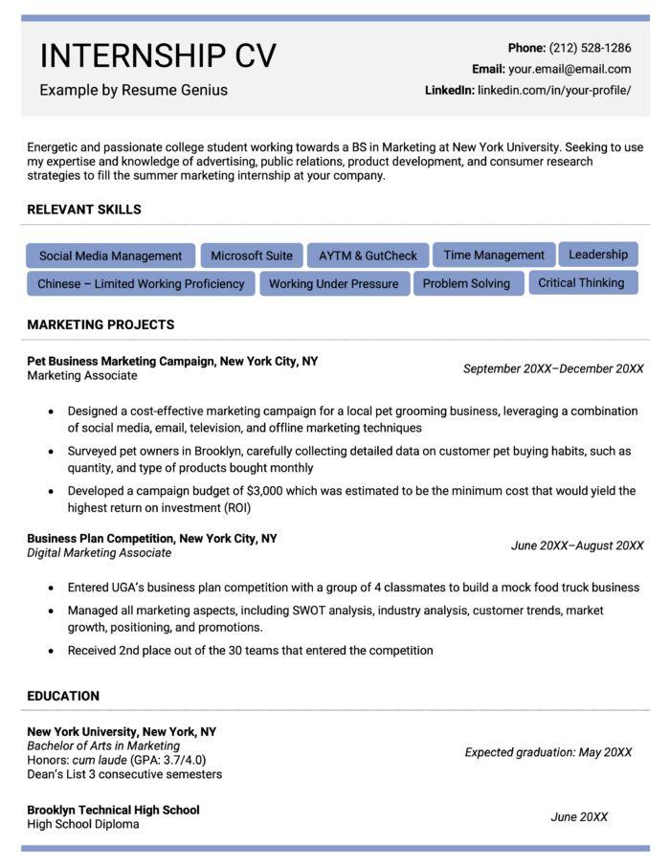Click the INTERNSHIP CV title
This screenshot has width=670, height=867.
[x=158, y=56]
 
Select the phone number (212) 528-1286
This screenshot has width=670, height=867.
[x=590, y=48]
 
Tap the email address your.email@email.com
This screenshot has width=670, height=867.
[x=569, y=69]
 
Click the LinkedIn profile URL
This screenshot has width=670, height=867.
[x=554, y=90]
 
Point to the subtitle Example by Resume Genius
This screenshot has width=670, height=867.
[x=133, y=90]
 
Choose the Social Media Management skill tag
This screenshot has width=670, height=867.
[x=110, y=256]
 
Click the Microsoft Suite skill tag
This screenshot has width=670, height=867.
[x=252, y=256]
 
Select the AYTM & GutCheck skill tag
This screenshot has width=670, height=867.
[x=368, y=256]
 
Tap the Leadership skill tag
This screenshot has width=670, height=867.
[x=598, y=255]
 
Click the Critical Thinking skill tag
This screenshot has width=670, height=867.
[x=581, y=282]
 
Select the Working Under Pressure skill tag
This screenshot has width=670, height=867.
[x=333, y=283]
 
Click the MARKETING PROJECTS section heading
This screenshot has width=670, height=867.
[x=100, y=324]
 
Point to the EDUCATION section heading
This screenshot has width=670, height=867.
[x=63, y=696]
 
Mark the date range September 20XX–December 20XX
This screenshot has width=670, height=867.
[x=553, y=368]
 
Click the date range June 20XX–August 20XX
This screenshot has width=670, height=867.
[x=577, y=545]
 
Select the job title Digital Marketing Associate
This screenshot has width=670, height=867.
[x=100, y=553]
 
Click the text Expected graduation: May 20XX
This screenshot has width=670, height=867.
[x=548, y=752]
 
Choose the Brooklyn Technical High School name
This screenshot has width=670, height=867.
[x=113, y=810]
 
